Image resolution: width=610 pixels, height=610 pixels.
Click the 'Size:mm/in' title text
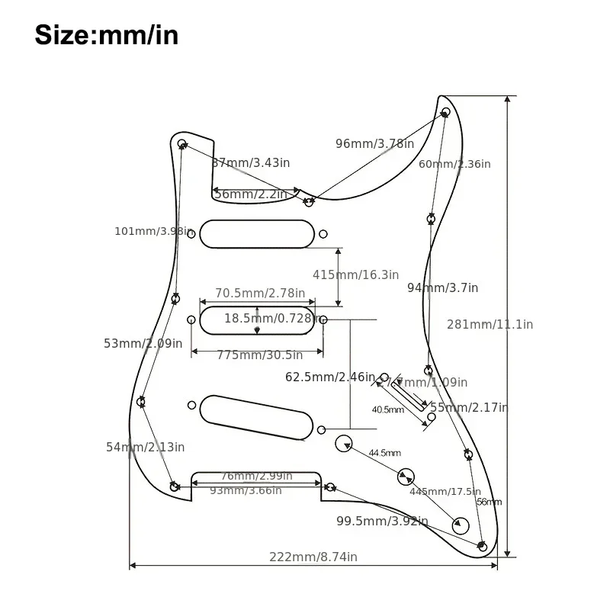[x=106, y=34]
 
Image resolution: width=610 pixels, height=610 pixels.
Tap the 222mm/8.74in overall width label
[x=313, y=557]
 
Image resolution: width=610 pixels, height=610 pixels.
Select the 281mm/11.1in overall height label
[x=490, y=324]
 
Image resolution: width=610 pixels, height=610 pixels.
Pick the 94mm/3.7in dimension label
[x=442, y=287]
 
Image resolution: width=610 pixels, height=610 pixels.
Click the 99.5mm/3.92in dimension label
[x=382, y=522]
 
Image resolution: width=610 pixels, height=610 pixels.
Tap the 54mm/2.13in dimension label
[x=145, y=447]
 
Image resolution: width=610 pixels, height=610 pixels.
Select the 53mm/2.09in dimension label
[x=143, y=343]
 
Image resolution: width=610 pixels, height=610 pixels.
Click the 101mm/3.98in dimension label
[x=150, y=231]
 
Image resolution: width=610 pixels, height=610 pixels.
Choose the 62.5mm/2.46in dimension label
[x=330, y=377]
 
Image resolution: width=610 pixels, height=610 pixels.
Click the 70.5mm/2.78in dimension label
[x=259, y=293]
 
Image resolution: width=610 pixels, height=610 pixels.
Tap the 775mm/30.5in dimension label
[x=259, y=355]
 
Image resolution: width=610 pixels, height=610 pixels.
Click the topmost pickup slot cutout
[x=257, y=233]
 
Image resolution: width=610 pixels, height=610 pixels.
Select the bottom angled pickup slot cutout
[x=257, y=416]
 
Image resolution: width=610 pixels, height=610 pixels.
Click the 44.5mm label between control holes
[x=384, y=453]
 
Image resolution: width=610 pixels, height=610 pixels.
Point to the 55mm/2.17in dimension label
[x=469, y=407]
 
